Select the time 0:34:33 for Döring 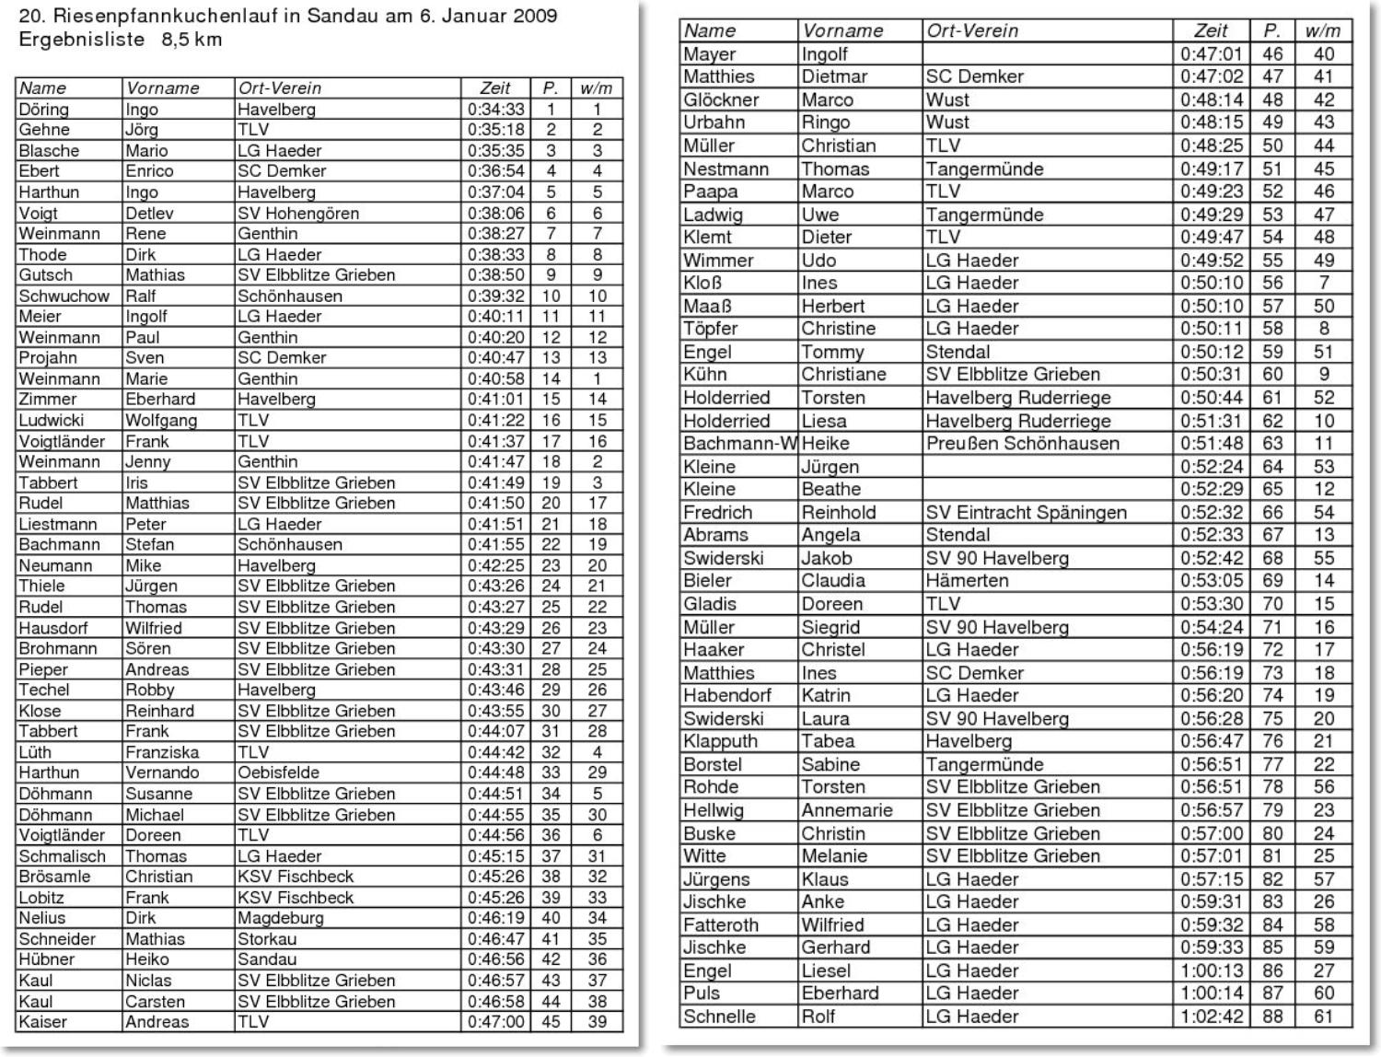pos(495,110)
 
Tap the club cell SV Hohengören pos(298,213)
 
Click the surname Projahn pos(48,358)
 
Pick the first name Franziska pos(162,752)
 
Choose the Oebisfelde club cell pos(278,772)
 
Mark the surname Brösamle pos(54,877)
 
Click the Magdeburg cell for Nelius pos(281,918)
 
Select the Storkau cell pos(267,939)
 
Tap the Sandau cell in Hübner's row pos(266,959)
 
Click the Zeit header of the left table pos(495,88)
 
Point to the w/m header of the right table pos(1323,30)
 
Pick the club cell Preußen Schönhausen pos(1022,443)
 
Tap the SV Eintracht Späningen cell pos(1026,512)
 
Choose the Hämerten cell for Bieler pos(967,581)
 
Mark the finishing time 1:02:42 pos(1212,1016)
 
